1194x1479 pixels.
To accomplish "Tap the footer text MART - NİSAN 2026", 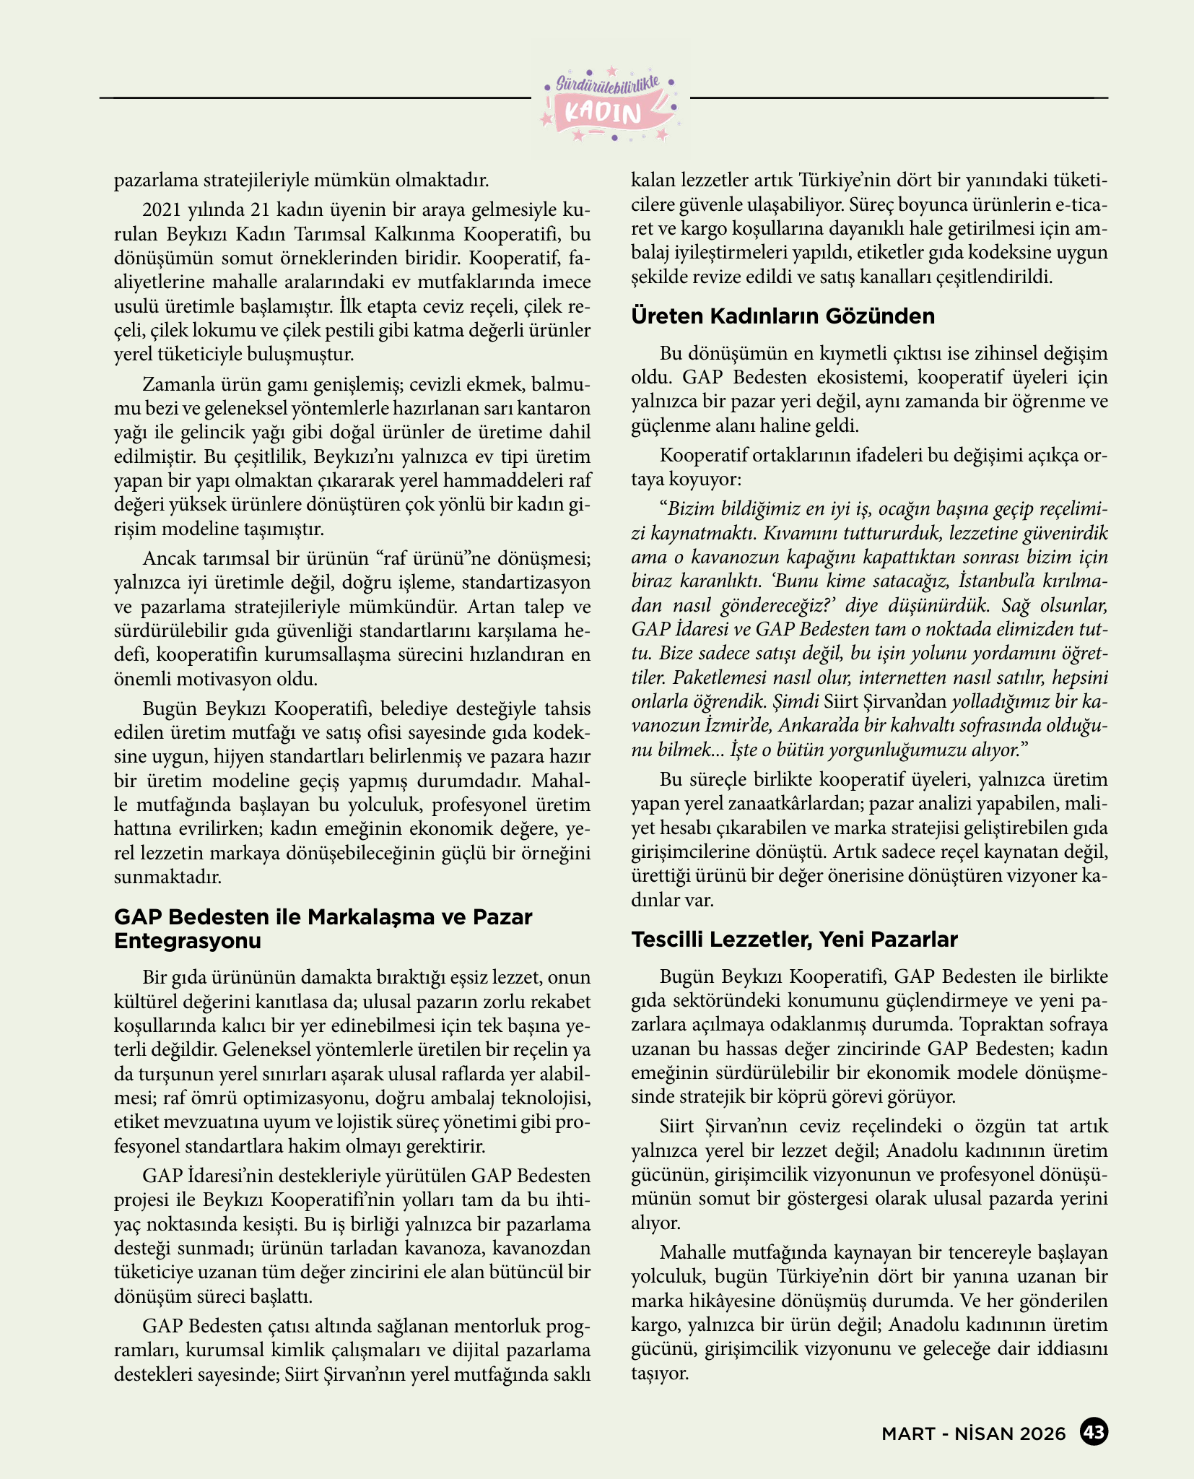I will pos(973,1434).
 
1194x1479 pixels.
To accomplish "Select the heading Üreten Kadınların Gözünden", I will pos(783,316).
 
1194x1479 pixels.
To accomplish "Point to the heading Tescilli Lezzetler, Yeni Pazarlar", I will pos(794,940).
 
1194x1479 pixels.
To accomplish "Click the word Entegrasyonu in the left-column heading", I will pos(187,941).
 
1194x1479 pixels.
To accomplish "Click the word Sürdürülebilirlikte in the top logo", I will pos(609,84).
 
